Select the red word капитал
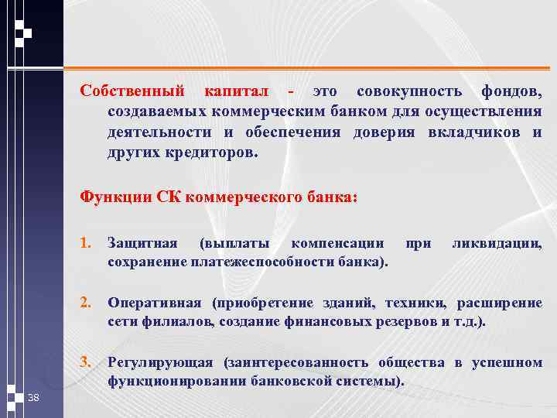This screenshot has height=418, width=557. tap(235, 93)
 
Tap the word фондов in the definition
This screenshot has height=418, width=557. tap(511, 93)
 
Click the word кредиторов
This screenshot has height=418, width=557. tap(208, 152)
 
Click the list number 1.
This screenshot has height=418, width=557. tap(86, 245)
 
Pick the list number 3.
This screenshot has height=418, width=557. tap(86, 361)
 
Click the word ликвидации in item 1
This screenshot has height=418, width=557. tap(497, 245)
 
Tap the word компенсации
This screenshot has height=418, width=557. tap(337, 245)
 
